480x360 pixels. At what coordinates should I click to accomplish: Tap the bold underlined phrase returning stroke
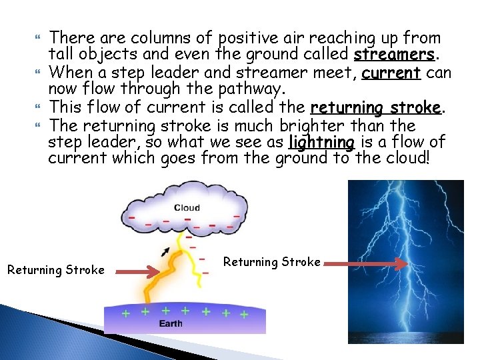click(375, 107)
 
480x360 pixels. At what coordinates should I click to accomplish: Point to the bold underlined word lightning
click(321, 142)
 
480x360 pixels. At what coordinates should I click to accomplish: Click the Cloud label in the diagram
click(187, 208)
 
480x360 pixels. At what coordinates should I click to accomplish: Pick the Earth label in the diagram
click(170, 324)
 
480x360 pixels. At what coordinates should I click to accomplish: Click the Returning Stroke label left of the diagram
click(55, 270)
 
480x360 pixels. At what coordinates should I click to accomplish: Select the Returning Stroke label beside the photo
click(271, 262)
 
